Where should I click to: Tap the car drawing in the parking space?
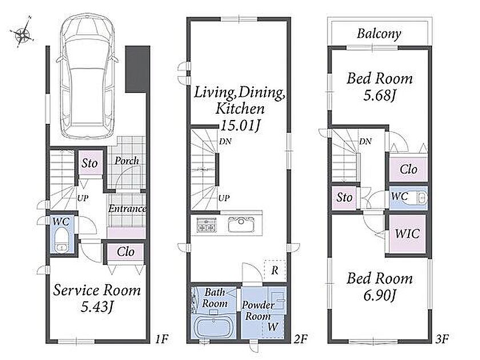click(89, 76)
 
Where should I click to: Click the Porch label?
click(126, 161)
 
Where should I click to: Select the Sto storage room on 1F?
click(90, 163)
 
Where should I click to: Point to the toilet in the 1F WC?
click(62, 241)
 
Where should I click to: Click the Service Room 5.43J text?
click(97, 298)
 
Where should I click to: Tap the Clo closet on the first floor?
click(126, 252)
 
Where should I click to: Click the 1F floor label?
click(161, 339)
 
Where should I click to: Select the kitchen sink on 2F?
click(241, 225)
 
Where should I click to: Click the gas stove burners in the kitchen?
click(207, 225)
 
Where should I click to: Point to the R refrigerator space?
click(275, 270)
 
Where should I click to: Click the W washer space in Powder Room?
click(273, 327)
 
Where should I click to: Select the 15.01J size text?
click(240, 126)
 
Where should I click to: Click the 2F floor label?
click(301, 339)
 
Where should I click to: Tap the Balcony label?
click(379, 33)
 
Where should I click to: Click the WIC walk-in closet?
click(407, 234)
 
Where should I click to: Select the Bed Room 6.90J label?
click(379, 287)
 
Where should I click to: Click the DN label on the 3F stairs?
click(366, 142)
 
